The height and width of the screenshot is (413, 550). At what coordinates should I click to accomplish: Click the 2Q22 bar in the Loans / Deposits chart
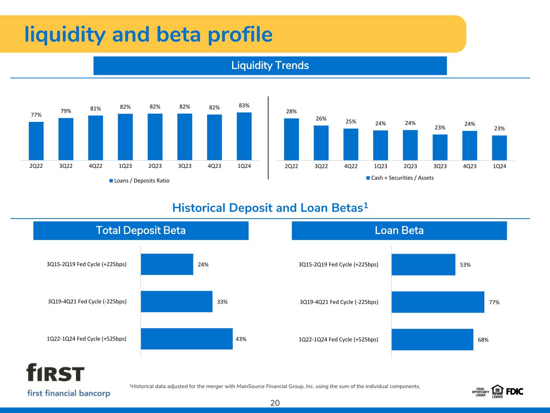coord(36,141)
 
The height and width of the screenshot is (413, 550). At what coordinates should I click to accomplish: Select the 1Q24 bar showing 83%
coord(244,136)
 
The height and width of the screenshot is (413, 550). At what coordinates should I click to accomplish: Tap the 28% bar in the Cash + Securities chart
coord(291,140)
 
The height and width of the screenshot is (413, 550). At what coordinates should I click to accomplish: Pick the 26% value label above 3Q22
coord(321,119)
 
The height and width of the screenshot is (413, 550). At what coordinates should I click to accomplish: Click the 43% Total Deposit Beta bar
coord(187,339)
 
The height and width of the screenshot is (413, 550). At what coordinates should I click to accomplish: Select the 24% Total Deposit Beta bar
coord(167,264)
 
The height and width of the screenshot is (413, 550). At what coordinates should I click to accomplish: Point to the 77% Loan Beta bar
coord(438,302)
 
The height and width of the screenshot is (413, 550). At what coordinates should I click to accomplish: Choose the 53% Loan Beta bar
coord(423,265)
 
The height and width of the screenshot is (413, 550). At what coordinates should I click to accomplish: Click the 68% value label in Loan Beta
coord(483,340)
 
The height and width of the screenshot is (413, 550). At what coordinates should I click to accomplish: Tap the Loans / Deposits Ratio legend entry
coord(139,181)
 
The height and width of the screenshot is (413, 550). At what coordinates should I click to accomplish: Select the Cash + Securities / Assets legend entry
coord(400,178)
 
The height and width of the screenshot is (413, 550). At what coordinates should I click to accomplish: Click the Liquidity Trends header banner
coord(270,66)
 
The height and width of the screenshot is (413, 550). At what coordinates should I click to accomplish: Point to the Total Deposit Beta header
coord(141,230)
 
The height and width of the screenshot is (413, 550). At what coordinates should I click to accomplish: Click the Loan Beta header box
coord(399,230)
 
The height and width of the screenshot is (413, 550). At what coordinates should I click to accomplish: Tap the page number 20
coord(275,403)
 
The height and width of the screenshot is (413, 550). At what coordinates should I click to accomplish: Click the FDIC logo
coord(515,392)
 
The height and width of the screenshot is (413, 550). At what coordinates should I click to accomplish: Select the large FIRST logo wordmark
coord(55,373)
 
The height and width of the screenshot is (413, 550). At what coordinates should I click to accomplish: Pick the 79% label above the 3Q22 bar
coord(66,111)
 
